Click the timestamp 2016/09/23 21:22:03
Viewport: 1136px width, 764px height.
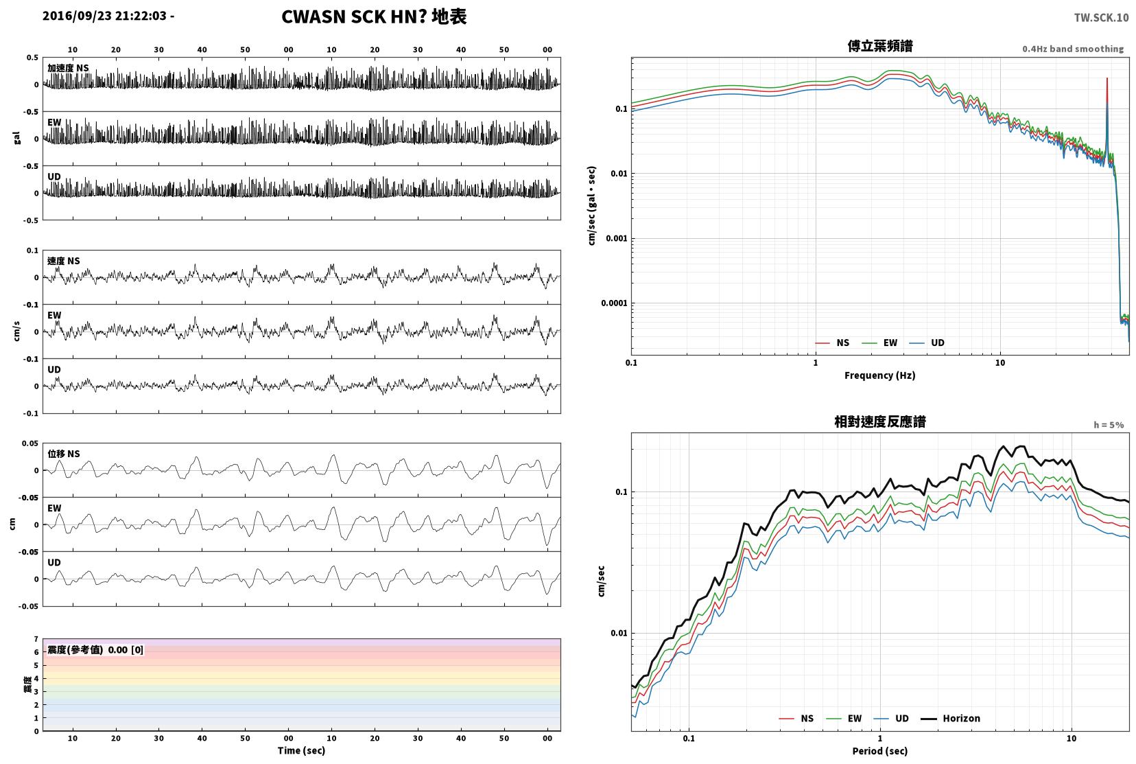click(x=104, y=16)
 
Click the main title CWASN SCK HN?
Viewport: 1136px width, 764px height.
click(x=353, y=16)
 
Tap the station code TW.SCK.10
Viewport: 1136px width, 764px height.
click(x=1101, y=18)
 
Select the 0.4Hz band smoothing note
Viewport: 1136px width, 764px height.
click(x=1073, y=49)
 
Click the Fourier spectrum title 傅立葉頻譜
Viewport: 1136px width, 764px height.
click(x=880, y=46)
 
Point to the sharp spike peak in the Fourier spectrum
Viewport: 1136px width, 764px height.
click(x=1107, y=79)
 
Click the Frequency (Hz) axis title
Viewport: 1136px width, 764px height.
click(x=879, y=375)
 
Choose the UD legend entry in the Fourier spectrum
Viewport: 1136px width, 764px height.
click(x=927, y=343)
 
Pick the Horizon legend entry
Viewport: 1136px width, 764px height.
click(x=950, y=718)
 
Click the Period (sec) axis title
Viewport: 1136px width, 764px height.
click(x=879, y=751)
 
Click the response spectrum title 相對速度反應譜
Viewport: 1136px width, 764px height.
click(x=880, y=421)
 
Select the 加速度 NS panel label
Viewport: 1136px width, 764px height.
click(x=68, y=68)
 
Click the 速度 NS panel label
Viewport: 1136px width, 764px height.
click(x=63, y=261)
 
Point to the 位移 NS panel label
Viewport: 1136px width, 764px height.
click(x=63, y=454)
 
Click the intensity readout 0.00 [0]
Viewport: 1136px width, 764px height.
click(x=126, y=650)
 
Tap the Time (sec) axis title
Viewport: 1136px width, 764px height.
click(x=301, y=750)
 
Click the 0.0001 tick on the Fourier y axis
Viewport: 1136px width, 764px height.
click(x=614, y=303)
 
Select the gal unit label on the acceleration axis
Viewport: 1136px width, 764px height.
click(x=16, y=139)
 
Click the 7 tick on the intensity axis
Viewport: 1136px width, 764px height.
click(x=36, y=638)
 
